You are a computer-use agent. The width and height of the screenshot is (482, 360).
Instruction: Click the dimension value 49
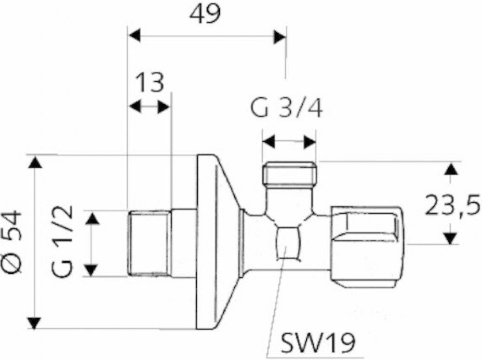point(205,14)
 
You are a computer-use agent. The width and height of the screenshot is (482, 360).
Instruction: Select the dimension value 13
point(149,82)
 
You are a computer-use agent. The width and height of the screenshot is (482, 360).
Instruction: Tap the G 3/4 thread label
point(286,108)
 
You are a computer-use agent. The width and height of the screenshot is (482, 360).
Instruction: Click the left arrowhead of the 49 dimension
point(134,36)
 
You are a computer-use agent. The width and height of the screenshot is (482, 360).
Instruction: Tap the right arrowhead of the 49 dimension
point(280,36)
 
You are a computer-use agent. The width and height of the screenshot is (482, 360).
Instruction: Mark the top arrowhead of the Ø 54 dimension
point(35,162)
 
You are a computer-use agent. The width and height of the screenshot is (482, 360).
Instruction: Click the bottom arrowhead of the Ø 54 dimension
point(35,322)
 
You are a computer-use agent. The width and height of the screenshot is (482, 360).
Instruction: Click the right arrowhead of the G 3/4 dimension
point(310,142)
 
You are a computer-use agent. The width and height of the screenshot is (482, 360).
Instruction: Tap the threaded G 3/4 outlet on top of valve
point(289,174)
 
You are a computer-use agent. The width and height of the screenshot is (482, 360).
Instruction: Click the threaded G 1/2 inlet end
point(149,242)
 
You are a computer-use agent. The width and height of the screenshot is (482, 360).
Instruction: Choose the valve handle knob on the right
point(368,248)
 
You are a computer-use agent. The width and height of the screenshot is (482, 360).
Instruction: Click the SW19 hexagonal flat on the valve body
point(287,243)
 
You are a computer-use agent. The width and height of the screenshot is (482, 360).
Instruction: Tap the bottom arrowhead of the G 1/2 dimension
point(91,270)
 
